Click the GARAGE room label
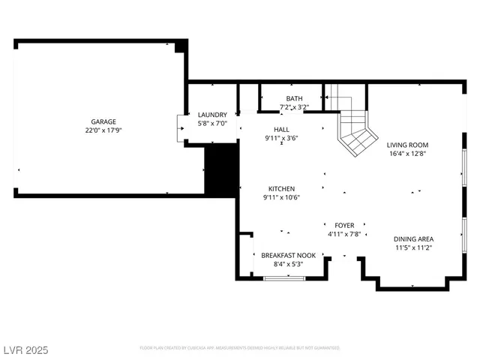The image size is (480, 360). point(103,121)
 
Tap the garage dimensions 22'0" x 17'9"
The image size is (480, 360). point(103,130)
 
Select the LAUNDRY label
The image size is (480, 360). point(212,115)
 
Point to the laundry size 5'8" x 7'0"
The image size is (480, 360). point(212,123)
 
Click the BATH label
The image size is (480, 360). point(294,98)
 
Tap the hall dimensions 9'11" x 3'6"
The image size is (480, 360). point(281,138)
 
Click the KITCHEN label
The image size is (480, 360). point(281,188)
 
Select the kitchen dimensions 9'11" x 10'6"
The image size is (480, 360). point(281,197)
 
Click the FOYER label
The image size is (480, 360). point(344,225)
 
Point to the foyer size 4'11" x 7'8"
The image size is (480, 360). point(344,234)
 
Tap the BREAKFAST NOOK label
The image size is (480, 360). point(288,255)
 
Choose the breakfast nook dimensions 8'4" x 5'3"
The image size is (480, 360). point(288,264)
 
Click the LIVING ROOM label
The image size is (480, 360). point(407,145)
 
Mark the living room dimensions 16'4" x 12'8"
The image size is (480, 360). point(407,154)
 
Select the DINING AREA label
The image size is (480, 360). point(413,238)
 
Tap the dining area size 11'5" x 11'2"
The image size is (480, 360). point(413,247)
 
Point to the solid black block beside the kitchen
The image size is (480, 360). point(220,170)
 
